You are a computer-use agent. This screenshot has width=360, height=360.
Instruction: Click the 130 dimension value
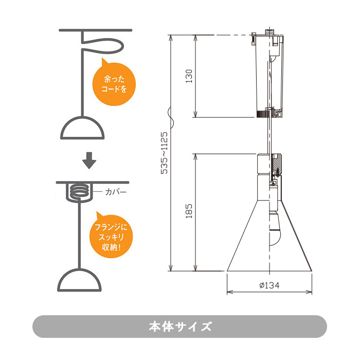(x=189, y=76)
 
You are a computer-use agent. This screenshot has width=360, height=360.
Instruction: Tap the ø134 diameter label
(x=269, y=285)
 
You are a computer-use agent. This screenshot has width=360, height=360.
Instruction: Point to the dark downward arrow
(x=90, y=160)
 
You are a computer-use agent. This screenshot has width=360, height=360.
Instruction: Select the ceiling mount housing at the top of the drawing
(x=268, y=75)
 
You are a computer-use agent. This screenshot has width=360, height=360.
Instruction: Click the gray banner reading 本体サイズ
(x=179, y=327)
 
